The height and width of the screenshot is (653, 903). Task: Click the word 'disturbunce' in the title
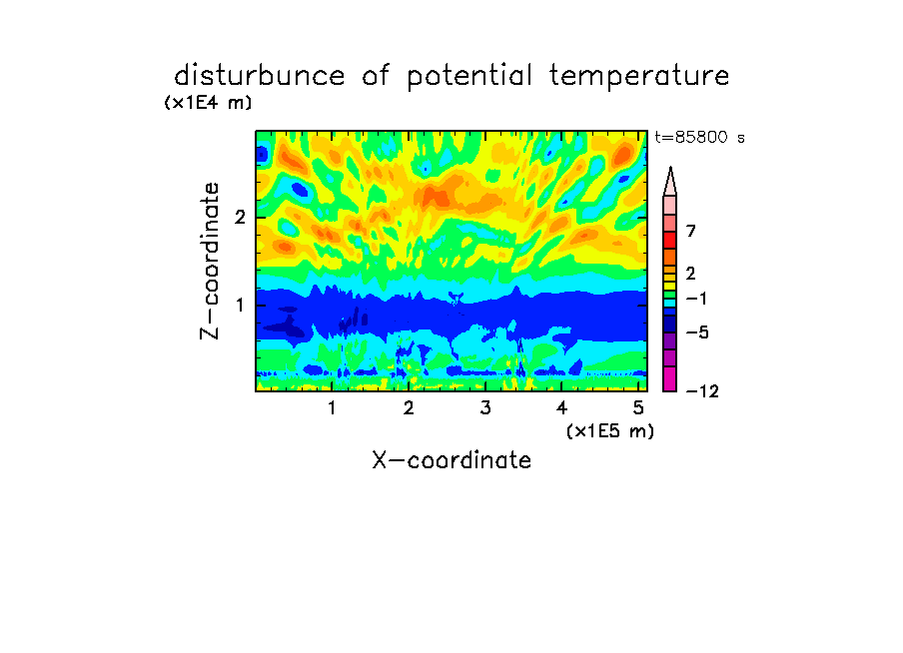click(259, 75)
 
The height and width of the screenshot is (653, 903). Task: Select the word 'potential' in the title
click(469, 76)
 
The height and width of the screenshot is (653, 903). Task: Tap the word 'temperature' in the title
click(639, 76)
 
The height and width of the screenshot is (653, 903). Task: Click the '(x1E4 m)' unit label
click(208, 103)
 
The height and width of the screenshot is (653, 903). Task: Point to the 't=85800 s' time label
click(699, 137)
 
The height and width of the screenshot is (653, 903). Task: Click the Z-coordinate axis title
click(210, 261)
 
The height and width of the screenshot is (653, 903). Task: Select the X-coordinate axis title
click(451, 460)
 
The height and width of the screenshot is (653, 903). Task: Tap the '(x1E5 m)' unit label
click(610, 430)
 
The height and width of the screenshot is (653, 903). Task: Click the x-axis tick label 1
click(332, 407)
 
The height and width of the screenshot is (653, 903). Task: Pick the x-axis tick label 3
click(485, 407)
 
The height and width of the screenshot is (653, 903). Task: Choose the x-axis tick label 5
click(638, 407)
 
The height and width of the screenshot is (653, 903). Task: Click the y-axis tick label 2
click(240, 217)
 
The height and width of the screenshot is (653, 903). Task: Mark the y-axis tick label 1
click(240, 305)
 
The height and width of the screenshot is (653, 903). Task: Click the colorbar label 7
click(691, 231)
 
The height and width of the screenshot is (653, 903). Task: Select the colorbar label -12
click(702, 391)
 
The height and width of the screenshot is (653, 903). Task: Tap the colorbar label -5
click(697, 332)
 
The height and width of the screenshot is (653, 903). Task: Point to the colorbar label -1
click(696, 299)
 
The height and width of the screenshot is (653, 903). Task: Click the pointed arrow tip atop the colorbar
click(670, 168)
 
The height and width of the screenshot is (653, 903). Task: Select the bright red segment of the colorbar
click(670, 240)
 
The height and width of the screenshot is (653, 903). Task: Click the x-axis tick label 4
click(561, 407)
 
